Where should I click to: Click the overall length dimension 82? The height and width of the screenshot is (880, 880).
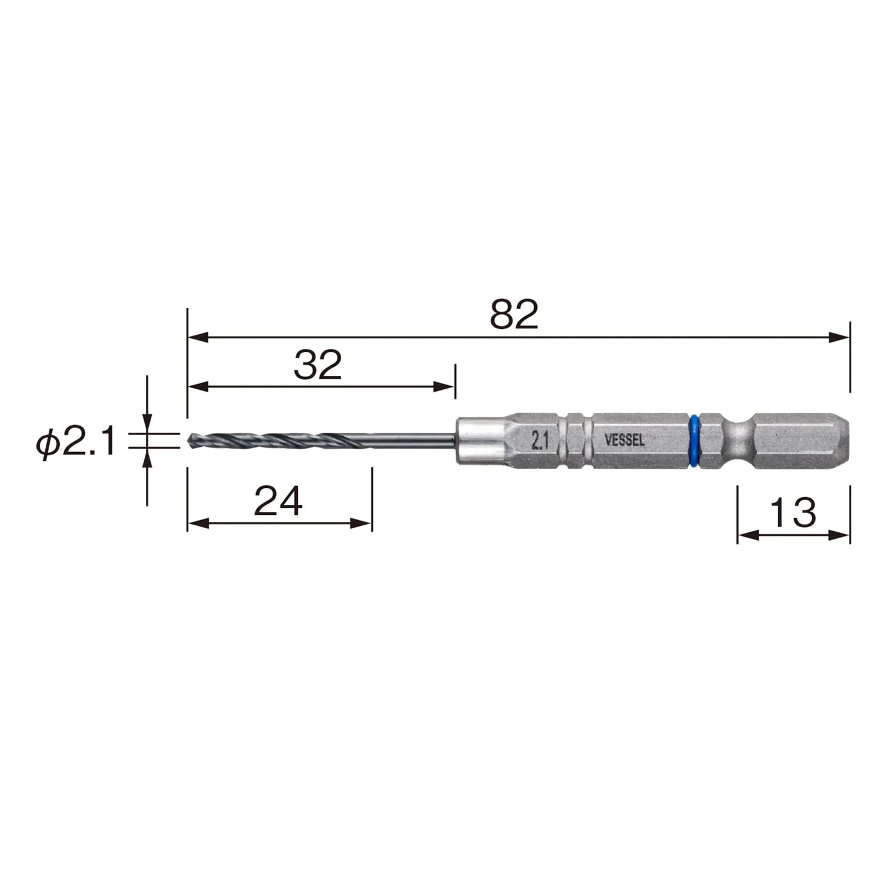click(x=514, y=314)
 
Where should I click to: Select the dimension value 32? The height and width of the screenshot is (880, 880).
click(x=318, y=365)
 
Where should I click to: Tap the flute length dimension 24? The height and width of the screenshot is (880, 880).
click(x=278, y=501)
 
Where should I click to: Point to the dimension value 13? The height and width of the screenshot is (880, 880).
click(x=793, y=512)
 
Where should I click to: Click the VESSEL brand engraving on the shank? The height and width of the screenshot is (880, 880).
click(x=624, y=440)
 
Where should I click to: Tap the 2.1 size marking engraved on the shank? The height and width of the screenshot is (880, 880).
click(x=539, y=440)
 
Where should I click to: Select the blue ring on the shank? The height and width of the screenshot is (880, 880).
click(x=695, y=441)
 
